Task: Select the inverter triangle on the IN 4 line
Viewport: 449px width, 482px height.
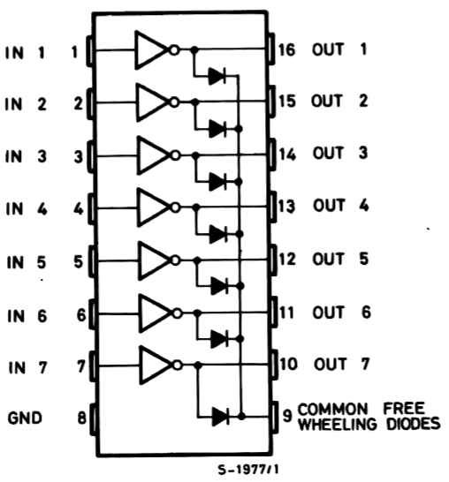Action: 152,207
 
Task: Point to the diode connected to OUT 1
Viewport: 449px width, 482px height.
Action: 217,76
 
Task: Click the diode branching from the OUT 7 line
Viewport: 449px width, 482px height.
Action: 220,417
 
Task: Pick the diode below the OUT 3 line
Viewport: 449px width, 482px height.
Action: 217,182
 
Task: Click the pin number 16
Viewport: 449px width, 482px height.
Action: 286,49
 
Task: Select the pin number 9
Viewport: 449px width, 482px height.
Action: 287,416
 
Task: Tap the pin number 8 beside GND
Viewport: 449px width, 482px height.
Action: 81,418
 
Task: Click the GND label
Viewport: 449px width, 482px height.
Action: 25,418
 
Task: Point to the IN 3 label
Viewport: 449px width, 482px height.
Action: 26,156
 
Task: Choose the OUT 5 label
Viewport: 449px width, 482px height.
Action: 340,259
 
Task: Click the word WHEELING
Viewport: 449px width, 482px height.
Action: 338,425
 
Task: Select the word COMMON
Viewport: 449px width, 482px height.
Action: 332,410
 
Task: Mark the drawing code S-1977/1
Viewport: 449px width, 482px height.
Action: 248,470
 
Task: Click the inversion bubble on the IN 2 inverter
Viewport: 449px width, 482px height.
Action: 174,102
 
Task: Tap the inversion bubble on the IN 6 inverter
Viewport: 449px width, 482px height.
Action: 177,313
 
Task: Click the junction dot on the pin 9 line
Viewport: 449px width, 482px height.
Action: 242,416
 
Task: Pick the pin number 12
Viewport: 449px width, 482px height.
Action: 287,259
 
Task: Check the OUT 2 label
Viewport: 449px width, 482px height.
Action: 339,101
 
